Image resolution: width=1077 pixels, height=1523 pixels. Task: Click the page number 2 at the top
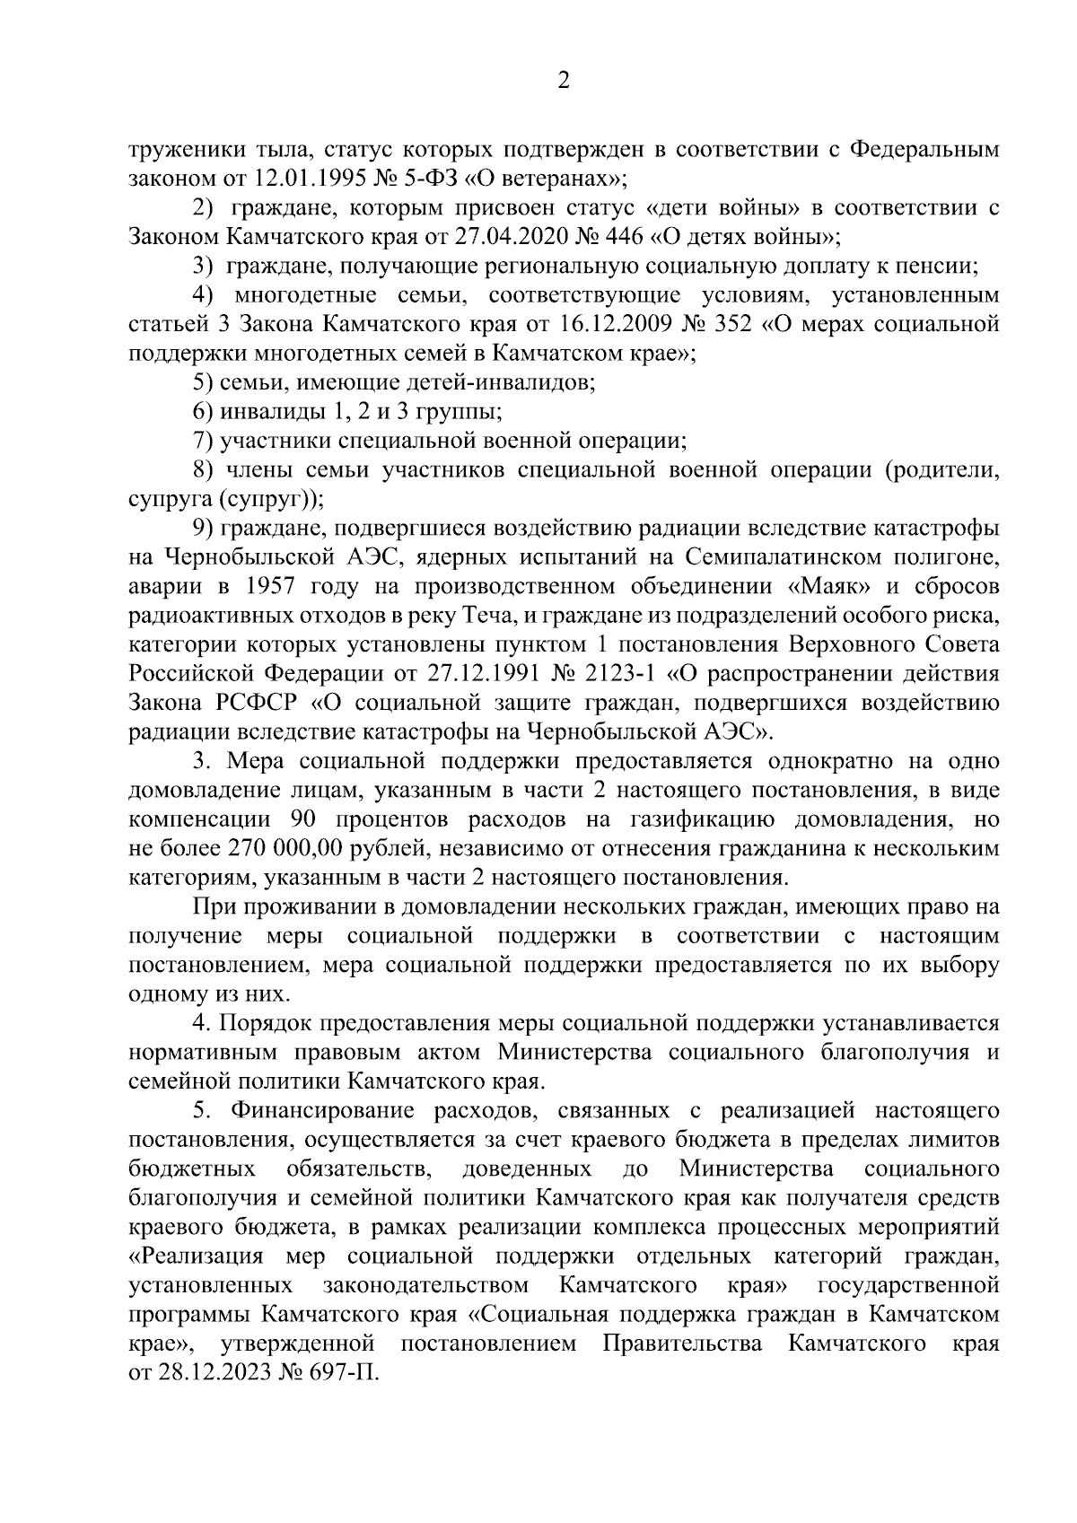pyautogui.click(x=564, y=81)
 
